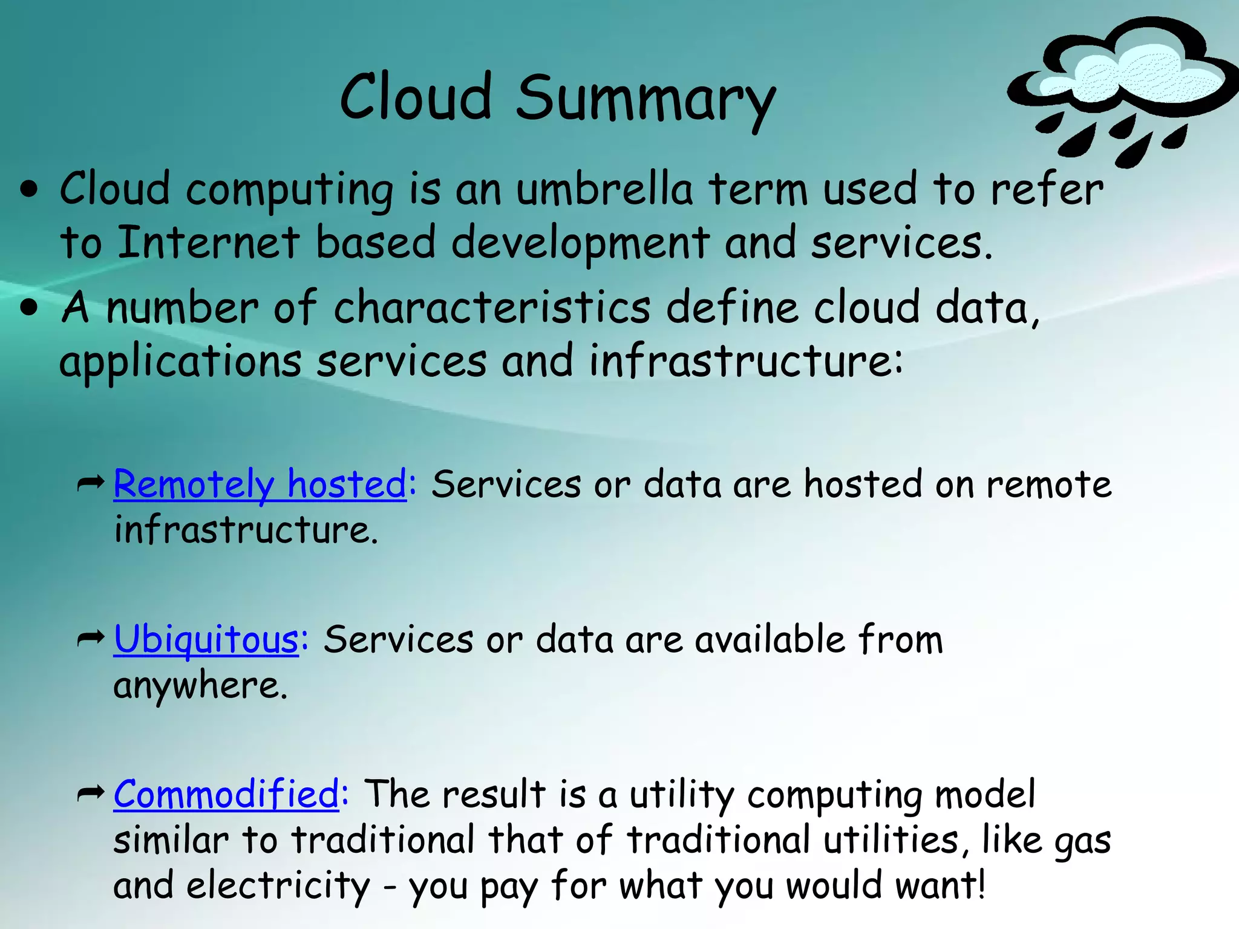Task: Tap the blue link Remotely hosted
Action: point(260,484)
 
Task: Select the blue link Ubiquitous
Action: point(206,639)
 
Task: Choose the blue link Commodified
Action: point(226,794)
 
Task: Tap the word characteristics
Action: point(492,307)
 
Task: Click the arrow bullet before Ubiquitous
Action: point(91,639)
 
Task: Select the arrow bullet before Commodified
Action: point(91,794)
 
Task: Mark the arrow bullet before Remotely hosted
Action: point(91,483)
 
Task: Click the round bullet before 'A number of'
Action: point(29,308)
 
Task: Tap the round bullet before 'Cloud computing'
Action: point(29,191)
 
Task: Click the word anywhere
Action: point(200,686)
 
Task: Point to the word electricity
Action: point(278,885)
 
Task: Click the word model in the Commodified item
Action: point(986,794)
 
